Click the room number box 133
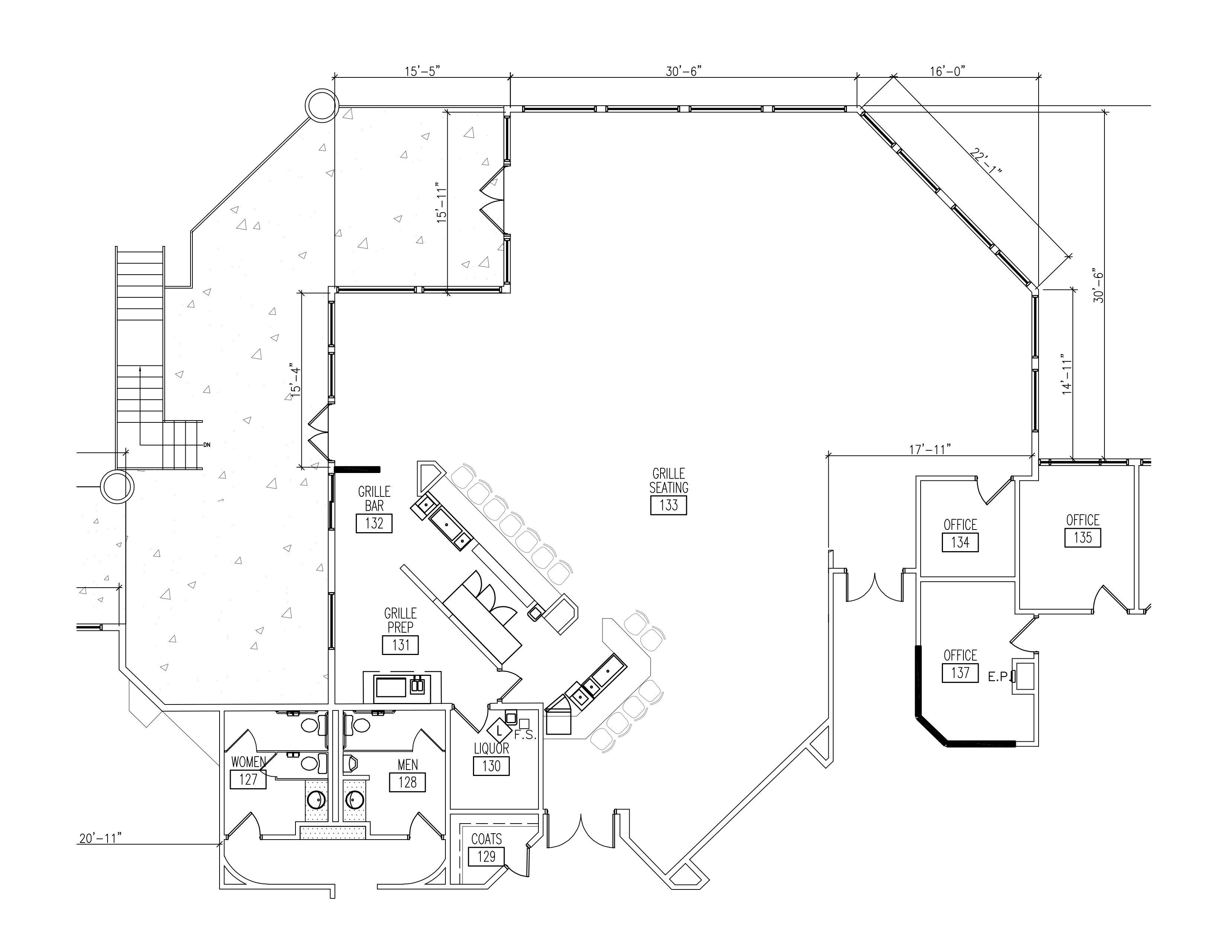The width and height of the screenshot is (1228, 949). tap(669, 505)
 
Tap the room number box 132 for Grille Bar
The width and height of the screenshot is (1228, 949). tap(374, 523)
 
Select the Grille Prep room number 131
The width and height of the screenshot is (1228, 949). tap(400, 645)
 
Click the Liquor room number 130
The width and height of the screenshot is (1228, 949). tap(491, 766)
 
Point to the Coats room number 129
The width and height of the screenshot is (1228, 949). tap(486, 856)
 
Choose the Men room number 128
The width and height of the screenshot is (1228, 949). tap(407, 782)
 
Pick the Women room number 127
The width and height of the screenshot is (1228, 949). tap(248, 779)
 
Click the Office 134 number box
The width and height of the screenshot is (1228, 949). tap(960, 543)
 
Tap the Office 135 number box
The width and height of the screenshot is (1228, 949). tap(1083, 537)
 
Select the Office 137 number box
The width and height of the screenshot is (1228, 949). tap(960, 673)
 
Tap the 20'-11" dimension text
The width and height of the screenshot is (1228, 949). tap(100, 838)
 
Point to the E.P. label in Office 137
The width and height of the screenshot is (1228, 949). tap(999, 677)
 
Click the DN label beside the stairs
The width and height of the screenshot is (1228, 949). tap(207, 445)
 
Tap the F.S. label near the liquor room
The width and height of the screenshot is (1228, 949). tap(526, 735)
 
